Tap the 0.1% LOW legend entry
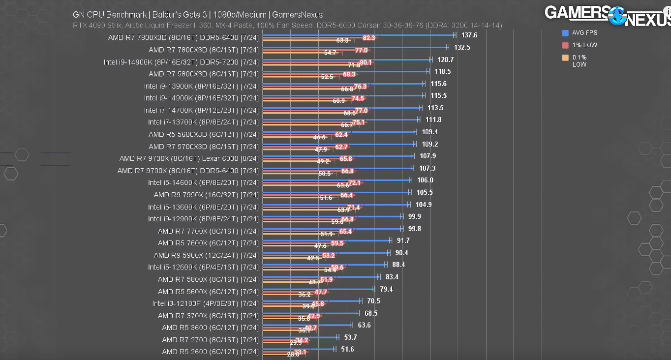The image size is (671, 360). (x=579, y=61)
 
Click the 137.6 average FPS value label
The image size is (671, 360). (x=469, y=35)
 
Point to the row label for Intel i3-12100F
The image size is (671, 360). (x=205, y=303)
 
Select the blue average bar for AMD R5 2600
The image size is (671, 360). (x=299, y=349)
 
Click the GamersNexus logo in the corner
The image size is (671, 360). (x=608, y=15)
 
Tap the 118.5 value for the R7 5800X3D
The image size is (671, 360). (x=443, y=71)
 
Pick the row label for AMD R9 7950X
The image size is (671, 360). (x=206, y=195)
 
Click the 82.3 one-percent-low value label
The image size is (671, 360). (x=369, y=38)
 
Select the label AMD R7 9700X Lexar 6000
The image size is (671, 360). (x=189, y=158)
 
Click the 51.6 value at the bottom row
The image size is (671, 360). (x=347, y=349)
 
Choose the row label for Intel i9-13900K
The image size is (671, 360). (x=201, y=86)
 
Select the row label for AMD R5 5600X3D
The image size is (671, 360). (x=203, y=134)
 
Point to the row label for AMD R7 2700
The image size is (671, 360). (x=210, y=340)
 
